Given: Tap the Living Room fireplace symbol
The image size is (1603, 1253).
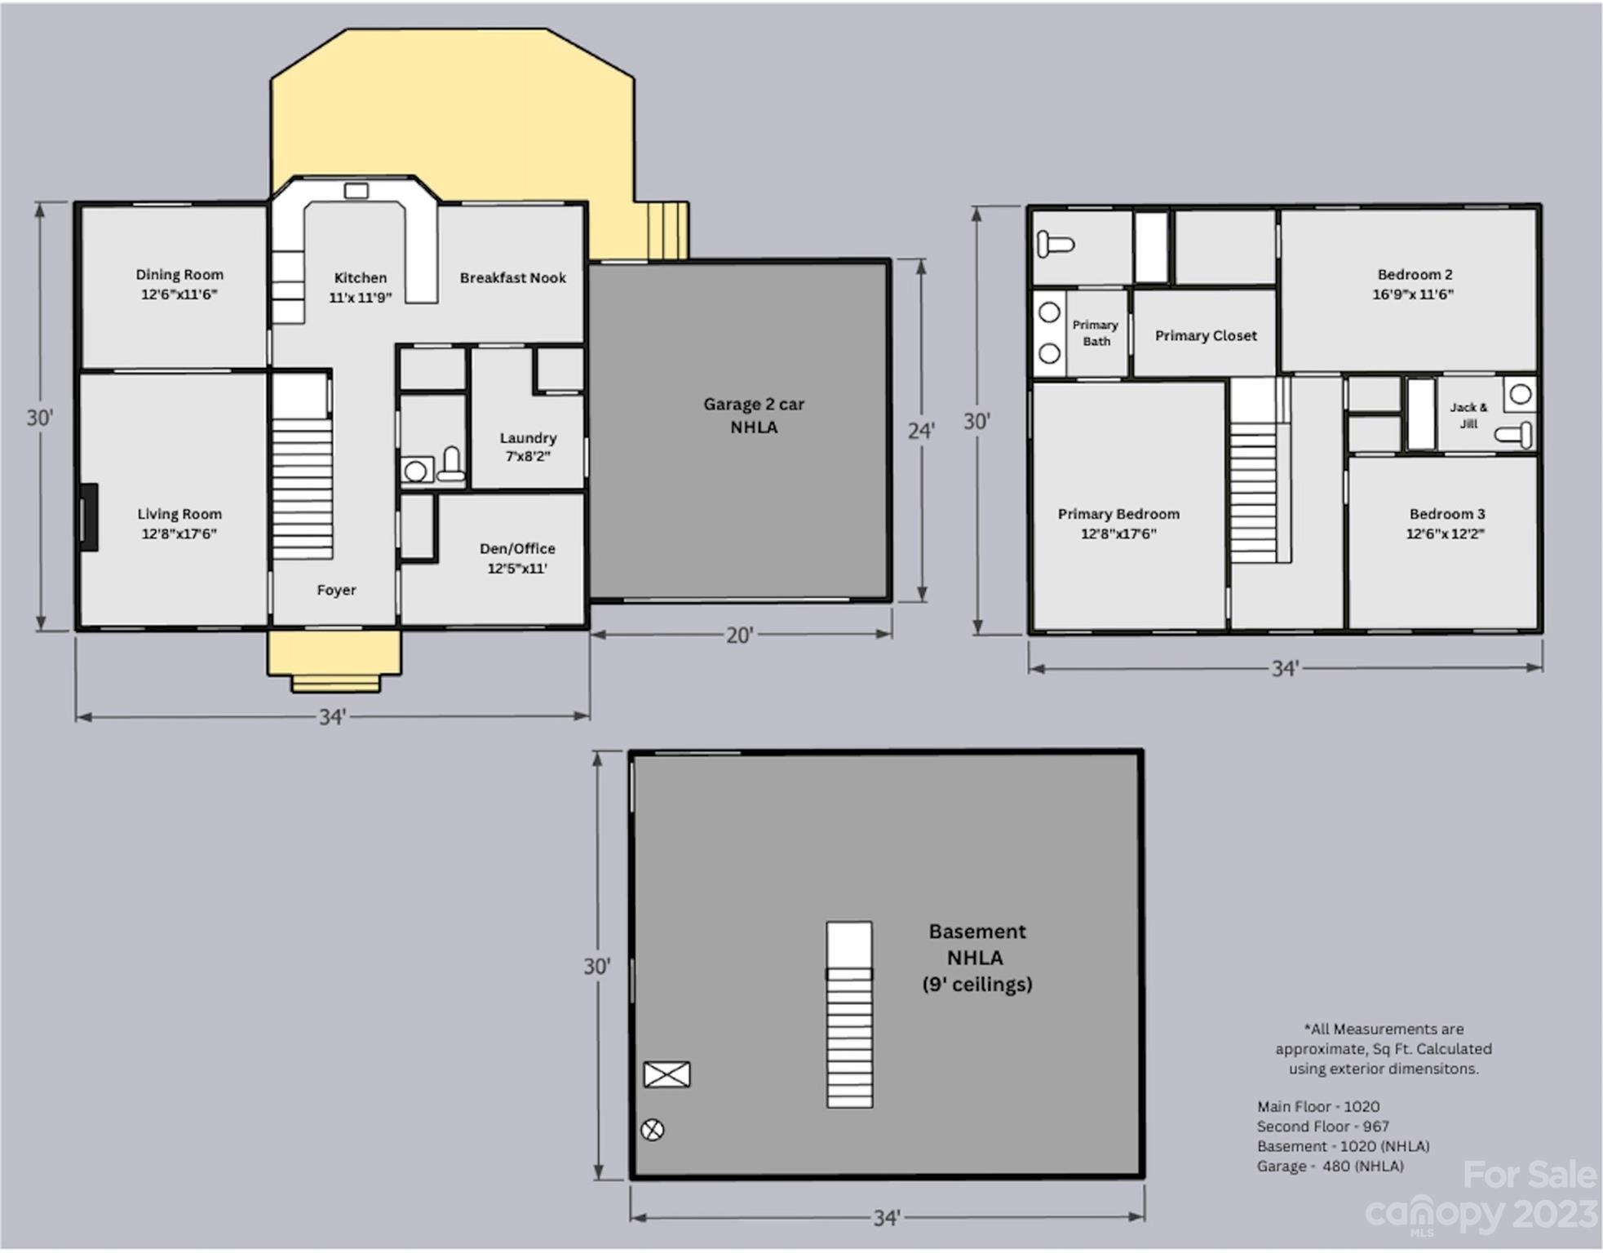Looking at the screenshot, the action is tap(88, 517).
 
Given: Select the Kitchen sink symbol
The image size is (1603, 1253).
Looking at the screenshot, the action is tap(356, 191).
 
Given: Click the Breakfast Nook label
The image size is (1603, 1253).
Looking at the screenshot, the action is tap(512, 278).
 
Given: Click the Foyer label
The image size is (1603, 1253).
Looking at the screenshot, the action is tap(336, 590).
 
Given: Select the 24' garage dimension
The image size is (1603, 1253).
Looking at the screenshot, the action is tap(921, 430).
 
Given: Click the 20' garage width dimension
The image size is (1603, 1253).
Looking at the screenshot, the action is tap(739, 635).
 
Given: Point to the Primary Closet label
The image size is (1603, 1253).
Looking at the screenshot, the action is tap(1206, 335).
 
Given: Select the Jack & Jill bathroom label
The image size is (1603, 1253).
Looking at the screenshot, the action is tap(1468, 414).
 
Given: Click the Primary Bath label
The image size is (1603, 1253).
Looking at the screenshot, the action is tap(1095, 333).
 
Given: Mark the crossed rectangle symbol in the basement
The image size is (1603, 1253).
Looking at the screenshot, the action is tap(666, 1074).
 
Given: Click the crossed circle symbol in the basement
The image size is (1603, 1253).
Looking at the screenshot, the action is tap(652, 1130).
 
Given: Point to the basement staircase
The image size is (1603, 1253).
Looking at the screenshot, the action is tap(849, 1015).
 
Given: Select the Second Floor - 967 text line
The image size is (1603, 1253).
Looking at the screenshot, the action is tap(1322, 1127).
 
